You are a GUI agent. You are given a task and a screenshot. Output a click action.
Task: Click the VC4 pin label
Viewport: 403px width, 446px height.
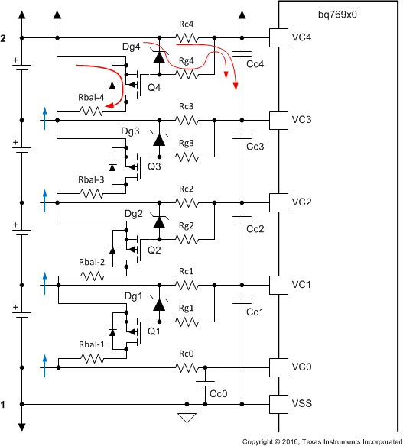303,37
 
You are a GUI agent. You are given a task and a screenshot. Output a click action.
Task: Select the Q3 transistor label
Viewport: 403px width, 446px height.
154,166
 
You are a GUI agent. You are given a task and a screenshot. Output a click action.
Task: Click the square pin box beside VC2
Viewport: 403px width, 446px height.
278,202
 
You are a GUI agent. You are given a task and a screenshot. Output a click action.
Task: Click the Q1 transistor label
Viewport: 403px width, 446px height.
154,331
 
